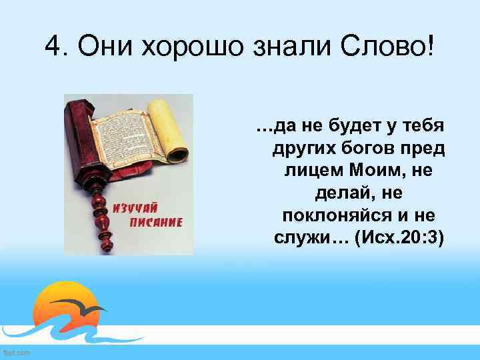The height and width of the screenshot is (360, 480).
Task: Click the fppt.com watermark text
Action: pyautogui.click(x=16, y=353)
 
